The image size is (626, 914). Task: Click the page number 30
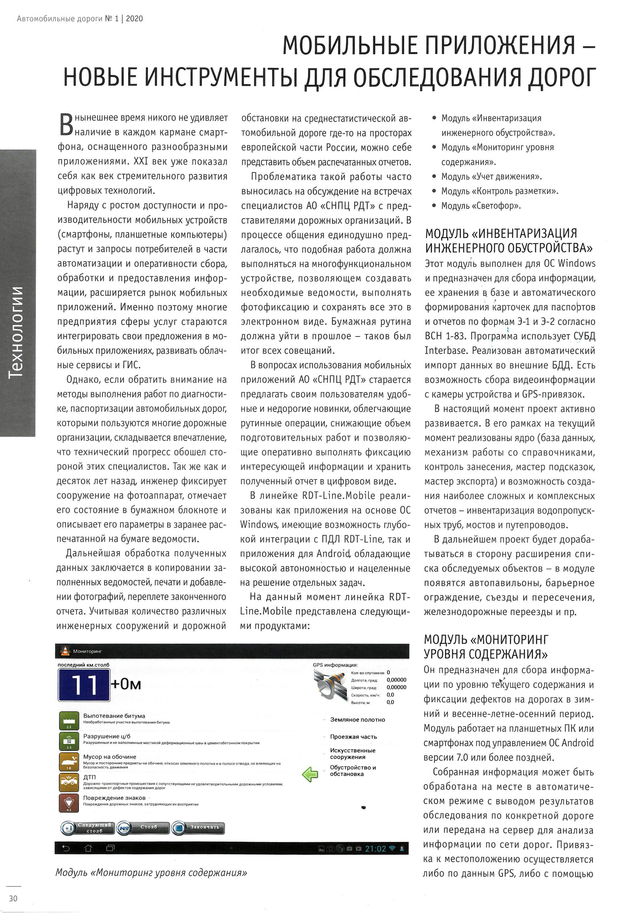click(13, 898)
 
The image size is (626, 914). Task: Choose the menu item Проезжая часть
click(353, 737)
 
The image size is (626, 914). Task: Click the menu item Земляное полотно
click(357, 720)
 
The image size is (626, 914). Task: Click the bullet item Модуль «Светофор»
click(481, 206)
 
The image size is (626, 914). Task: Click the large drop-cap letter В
click(66, 124)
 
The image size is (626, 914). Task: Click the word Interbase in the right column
click(446, 351)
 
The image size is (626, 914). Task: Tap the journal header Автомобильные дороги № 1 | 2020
click(80, 18)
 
